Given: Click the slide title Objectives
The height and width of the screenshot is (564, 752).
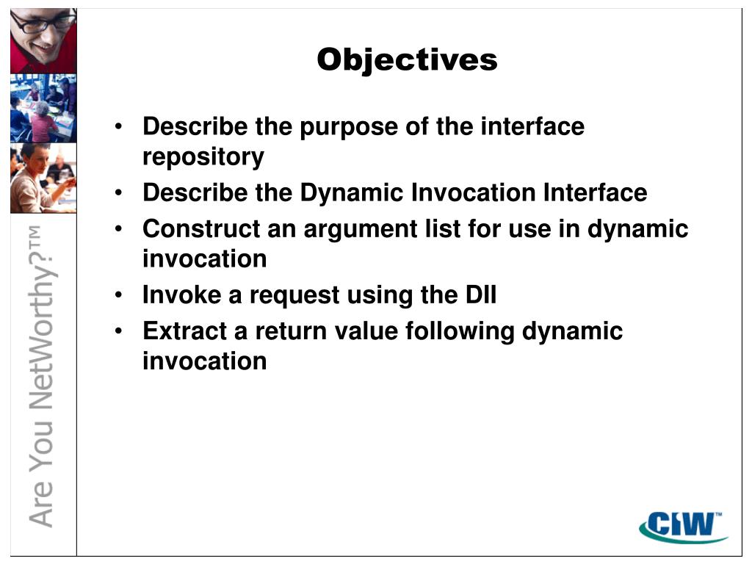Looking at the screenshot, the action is pos(407,60).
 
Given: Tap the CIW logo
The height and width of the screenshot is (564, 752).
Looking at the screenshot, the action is pos(683,527).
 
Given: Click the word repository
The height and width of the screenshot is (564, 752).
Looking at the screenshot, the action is pos(203,157).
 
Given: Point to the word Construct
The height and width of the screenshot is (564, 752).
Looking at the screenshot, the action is pos(201,228).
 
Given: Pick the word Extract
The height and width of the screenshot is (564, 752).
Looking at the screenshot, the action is pos(184,331).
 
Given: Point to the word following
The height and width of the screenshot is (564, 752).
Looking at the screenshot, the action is pos(460,332).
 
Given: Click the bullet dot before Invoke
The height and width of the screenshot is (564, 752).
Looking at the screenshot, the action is pos(118,294).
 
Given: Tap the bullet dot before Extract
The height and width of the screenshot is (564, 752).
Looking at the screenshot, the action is pos(118,331).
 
